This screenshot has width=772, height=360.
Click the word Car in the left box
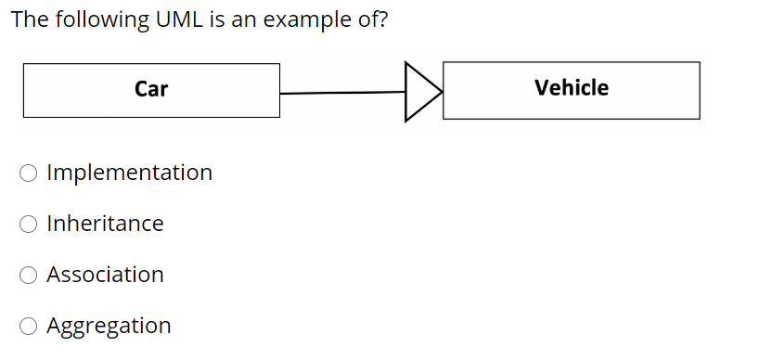pyautogui.click(x=151, y=89)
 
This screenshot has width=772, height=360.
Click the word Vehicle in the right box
pyautogui.click(x=572, y=88)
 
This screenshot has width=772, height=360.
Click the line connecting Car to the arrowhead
pyautogui.click(x=342, y=93)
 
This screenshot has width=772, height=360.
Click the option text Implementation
pyautogui.click(x=129, y=173)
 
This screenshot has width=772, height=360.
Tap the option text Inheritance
pyautogui.click(x=105, y=224)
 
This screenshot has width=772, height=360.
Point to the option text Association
pyautogui.click(x=105, y=275)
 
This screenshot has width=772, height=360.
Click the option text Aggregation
pyautogui.click(x=109, y=326)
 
